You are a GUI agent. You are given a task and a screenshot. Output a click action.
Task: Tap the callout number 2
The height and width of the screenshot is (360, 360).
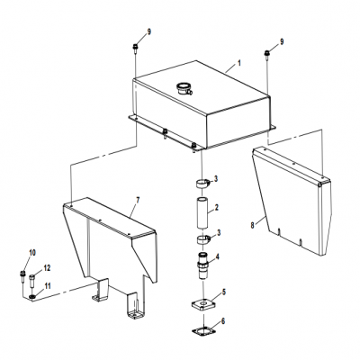tap(217, 208)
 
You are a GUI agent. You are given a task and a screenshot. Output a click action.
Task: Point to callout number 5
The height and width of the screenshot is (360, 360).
tap(224, 292)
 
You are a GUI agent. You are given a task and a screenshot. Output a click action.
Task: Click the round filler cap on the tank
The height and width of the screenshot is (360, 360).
tap(184, 88)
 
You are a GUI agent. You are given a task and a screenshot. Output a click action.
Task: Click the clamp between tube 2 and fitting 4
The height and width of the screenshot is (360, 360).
tap(202, 240)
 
